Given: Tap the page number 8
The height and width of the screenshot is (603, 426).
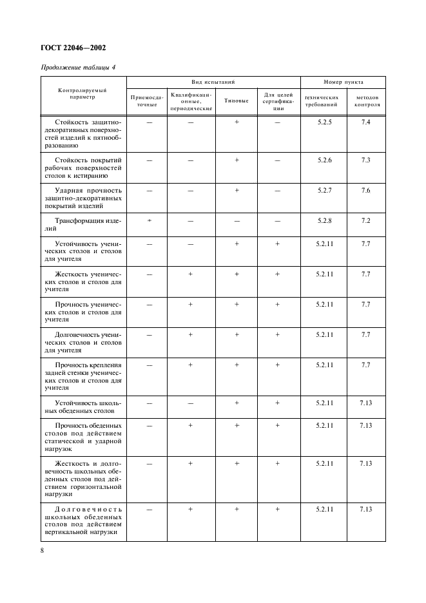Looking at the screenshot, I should (42, 551).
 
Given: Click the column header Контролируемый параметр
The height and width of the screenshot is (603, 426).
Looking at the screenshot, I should (84, 94).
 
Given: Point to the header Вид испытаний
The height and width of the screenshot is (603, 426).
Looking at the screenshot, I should (213, 82).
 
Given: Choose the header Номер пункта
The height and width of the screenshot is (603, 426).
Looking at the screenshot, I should (344, 82).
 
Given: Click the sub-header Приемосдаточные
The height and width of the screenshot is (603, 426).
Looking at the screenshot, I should (147, 101).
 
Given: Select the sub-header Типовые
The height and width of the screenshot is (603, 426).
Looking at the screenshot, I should (237, 101).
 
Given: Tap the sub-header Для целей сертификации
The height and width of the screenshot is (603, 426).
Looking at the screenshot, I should (278, 101).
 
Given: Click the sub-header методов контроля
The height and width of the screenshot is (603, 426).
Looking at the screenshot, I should (366, 101).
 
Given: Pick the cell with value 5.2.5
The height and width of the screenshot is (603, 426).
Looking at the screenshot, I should (324, 122).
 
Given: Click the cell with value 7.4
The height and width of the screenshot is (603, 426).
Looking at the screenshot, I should (366, 122).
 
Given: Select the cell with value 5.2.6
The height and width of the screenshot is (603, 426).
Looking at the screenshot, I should (324, 160).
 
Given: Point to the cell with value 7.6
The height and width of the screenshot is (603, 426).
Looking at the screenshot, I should (366, 191).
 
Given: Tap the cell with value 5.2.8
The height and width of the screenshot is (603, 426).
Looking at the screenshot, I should (324, 220).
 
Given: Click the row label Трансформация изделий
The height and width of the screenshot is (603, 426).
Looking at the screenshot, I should (83, 224).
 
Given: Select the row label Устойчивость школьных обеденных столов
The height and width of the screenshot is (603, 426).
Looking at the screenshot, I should (83, 406).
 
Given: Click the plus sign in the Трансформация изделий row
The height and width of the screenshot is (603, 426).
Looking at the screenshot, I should (148, 220).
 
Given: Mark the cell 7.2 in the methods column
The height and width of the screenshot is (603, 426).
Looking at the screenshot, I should (366, 220).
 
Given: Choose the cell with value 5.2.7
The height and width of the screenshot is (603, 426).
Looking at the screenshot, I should (324, 191).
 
